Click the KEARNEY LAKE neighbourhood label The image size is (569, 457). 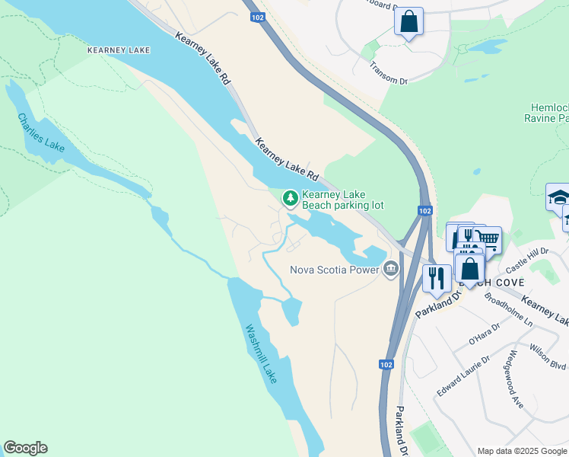(x=118, y=50)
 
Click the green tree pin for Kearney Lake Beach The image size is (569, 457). (x=290, y=199)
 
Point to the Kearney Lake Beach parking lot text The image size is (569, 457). (x=342, y=200)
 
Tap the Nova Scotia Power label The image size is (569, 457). (x=334, y=269)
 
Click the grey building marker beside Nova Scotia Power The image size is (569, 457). (x=391, y=268)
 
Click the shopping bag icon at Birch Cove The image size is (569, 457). (x=470, y=268)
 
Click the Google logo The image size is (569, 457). (x=25, y=448)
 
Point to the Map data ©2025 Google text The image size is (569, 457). (x=521, y=451)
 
